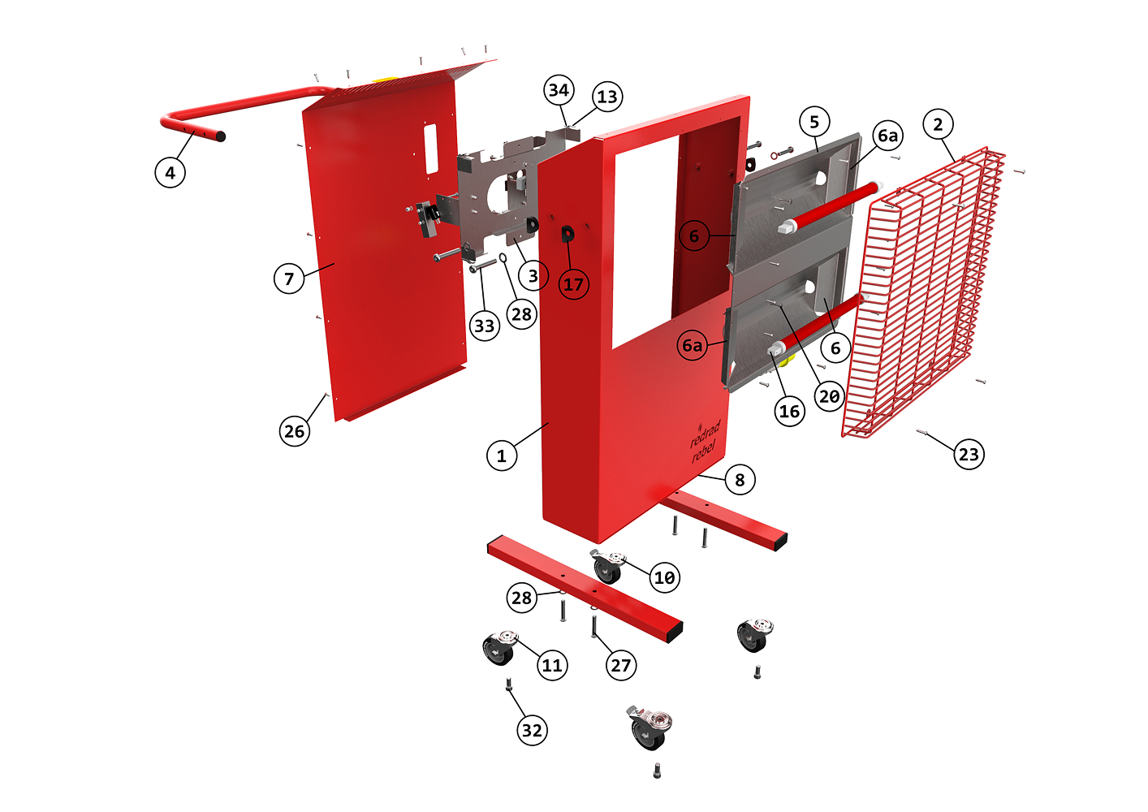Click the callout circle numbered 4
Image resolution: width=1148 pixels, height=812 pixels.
tap(170, 173)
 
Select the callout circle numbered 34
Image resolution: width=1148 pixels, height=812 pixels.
tap(559, 90)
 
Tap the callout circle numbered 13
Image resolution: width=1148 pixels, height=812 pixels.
tap(607, 97)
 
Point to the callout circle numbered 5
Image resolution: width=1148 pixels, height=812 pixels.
tap(814, 122)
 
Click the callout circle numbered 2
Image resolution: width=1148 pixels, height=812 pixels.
tap(938, 124)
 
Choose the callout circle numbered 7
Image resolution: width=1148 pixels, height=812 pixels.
tap(289, 279)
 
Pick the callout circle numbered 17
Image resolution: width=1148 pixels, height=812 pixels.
tap(573, 284)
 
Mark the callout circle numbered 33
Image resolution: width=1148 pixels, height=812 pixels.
tap(485, 326)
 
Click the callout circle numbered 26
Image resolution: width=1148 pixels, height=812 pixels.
tap(294, 431)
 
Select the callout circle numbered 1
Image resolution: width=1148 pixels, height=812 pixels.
tap(502, 456)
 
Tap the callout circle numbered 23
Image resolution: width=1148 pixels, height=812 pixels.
tap(969, 454)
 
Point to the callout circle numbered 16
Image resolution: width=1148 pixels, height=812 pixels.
tap(789, 411)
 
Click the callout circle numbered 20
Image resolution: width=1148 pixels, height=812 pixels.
tap(829, 396)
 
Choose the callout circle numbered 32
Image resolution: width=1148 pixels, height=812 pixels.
tap(532, 730)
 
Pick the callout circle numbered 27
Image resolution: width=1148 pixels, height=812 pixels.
tap(620, 665)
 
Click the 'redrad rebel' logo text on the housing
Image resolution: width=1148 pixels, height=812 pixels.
tap(706, 442)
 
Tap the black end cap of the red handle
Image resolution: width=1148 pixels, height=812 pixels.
tap(220, 136)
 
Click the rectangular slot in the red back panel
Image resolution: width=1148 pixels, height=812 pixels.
tap(431, 149)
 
